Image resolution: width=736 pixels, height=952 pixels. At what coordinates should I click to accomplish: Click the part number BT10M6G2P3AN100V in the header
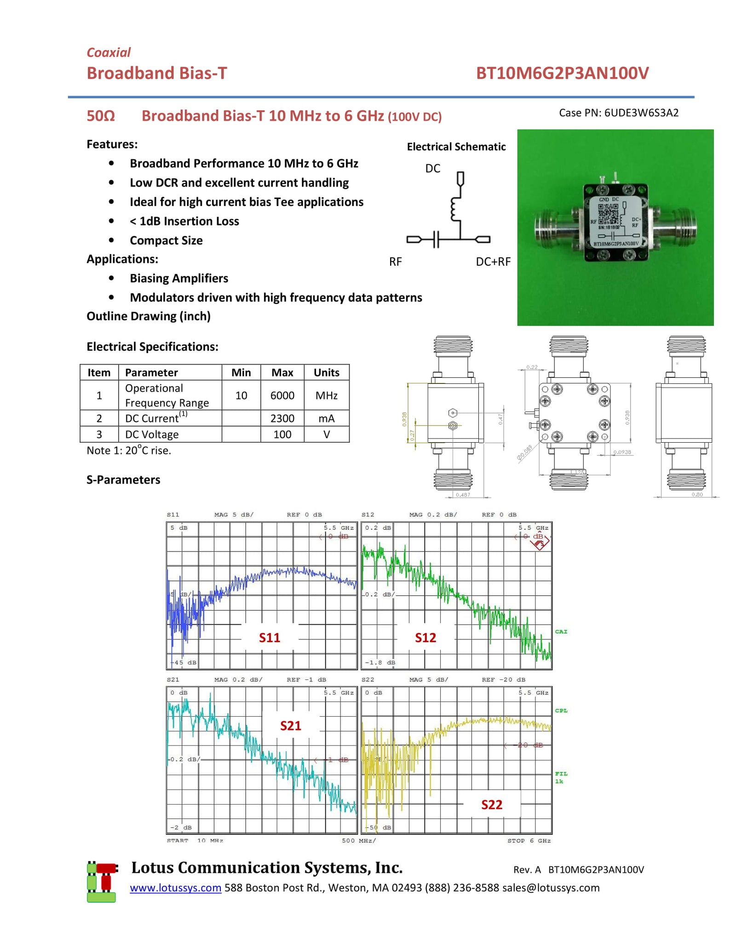(x=562, y=73)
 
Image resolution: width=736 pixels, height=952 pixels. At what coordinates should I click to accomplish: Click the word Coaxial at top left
(x=109, y=52)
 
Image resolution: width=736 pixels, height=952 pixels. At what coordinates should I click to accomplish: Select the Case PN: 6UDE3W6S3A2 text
(x=618, y=113)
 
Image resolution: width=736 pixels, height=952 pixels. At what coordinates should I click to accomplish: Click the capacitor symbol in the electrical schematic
(x=436, y=239)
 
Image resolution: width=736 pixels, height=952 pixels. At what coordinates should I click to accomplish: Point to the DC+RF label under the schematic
(x=493, y=262)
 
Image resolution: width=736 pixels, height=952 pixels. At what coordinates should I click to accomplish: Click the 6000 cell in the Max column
(x=282, y=395)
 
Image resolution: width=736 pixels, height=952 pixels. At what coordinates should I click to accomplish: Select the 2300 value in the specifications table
(x=282, y=418)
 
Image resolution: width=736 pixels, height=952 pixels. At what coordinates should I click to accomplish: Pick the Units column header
(x=326, y=372)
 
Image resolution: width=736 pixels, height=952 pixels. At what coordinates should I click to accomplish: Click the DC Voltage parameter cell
(x=152, y=434)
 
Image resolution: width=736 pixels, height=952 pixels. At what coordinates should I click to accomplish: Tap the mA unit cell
(x=326, y=418)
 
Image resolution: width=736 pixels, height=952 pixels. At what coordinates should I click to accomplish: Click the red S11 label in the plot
(x=269, y=638)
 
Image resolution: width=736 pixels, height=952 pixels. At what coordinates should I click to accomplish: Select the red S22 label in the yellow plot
(x=491, y=805)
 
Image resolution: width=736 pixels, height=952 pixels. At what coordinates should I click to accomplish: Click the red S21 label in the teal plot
(x=290, y=726)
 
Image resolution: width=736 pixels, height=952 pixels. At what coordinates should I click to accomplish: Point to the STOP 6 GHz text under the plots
(x=529, y=841)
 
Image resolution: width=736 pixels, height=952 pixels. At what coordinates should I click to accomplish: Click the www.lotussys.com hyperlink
(x=175, y=888)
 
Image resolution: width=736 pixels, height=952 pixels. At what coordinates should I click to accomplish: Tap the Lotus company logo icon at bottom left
(x=102, y=882)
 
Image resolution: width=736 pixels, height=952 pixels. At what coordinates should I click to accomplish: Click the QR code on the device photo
(x=608, y=213)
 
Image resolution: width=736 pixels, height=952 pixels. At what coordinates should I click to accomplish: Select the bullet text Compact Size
(x=166, y=240)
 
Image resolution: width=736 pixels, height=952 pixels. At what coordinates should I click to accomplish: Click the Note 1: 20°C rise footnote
(x=129, y=450)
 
